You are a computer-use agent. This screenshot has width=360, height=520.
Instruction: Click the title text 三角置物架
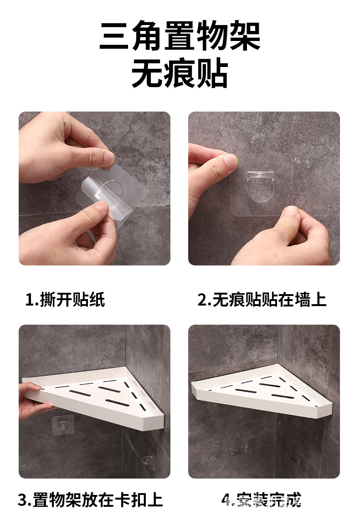pyautogui.click(x=180, y=36)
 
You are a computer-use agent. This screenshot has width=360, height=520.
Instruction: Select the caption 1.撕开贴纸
pyautogui.click(x=65, y=300)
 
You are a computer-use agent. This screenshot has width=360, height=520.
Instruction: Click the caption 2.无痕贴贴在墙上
pyautogui.click(x=262, y=300)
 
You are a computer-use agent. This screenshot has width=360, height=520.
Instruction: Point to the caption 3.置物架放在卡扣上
pyautogui.click(x=90, y=500)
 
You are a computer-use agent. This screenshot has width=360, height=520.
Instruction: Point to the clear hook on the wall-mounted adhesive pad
pyautogui.click(x=261, y=178)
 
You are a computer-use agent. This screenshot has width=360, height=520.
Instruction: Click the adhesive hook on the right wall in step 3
pyautogui.click(x=149, y=461)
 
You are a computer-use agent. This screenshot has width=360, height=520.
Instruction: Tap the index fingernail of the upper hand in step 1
pyautogui.click(x=109, y=158)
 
